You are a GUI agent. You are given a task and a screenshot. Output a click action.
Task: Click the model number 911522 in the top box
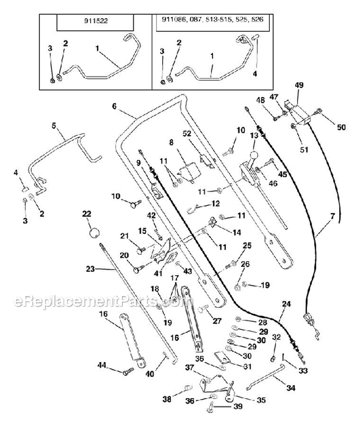click(96, 21)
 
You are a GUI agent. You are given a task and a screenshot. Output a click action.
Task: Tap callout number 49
click(300, 85)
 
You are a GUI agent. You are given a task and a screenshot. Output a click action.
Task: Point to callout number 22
click(87, 214)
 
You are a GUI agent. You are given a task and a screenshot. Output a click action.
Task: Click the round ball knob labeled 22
click(94, 232)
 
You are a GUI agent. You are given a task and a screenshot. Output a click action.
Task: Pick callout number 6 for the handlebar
click(114, 106)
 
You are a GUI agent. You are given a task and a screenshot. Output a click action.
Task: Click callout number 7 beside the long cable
click(333, 216)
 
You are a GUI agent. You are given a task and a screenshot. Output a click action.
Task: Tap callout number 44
click(102, 365)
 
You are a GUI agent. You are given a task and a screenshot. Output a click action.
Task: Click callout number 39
click(238, 406)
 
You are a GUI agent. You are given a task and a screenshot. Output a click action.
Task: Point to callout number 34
click(291, 388)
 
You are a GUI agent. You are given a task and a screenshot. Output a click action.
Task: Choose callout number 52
click(187, 134)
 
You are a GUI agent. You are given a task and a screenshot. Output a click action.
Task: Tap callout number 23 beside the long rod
click(90, 269)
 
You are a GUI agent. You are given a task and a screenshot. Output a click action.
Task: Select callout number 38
click(167, 399)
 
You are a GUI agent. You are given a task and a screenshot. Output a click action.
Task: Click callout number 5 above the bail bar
click(54, 126)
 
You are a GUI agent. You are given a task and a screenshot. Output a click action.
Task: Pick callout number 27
click(217, 321)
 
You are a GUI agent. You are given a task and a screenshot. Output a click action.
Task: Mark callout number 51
click(304, 149)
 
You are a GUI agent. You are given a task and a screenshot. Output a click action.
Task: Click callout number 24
click(287, 304)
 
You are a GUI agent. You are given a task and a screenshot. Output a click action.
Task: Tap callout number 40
click(150, 374)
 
